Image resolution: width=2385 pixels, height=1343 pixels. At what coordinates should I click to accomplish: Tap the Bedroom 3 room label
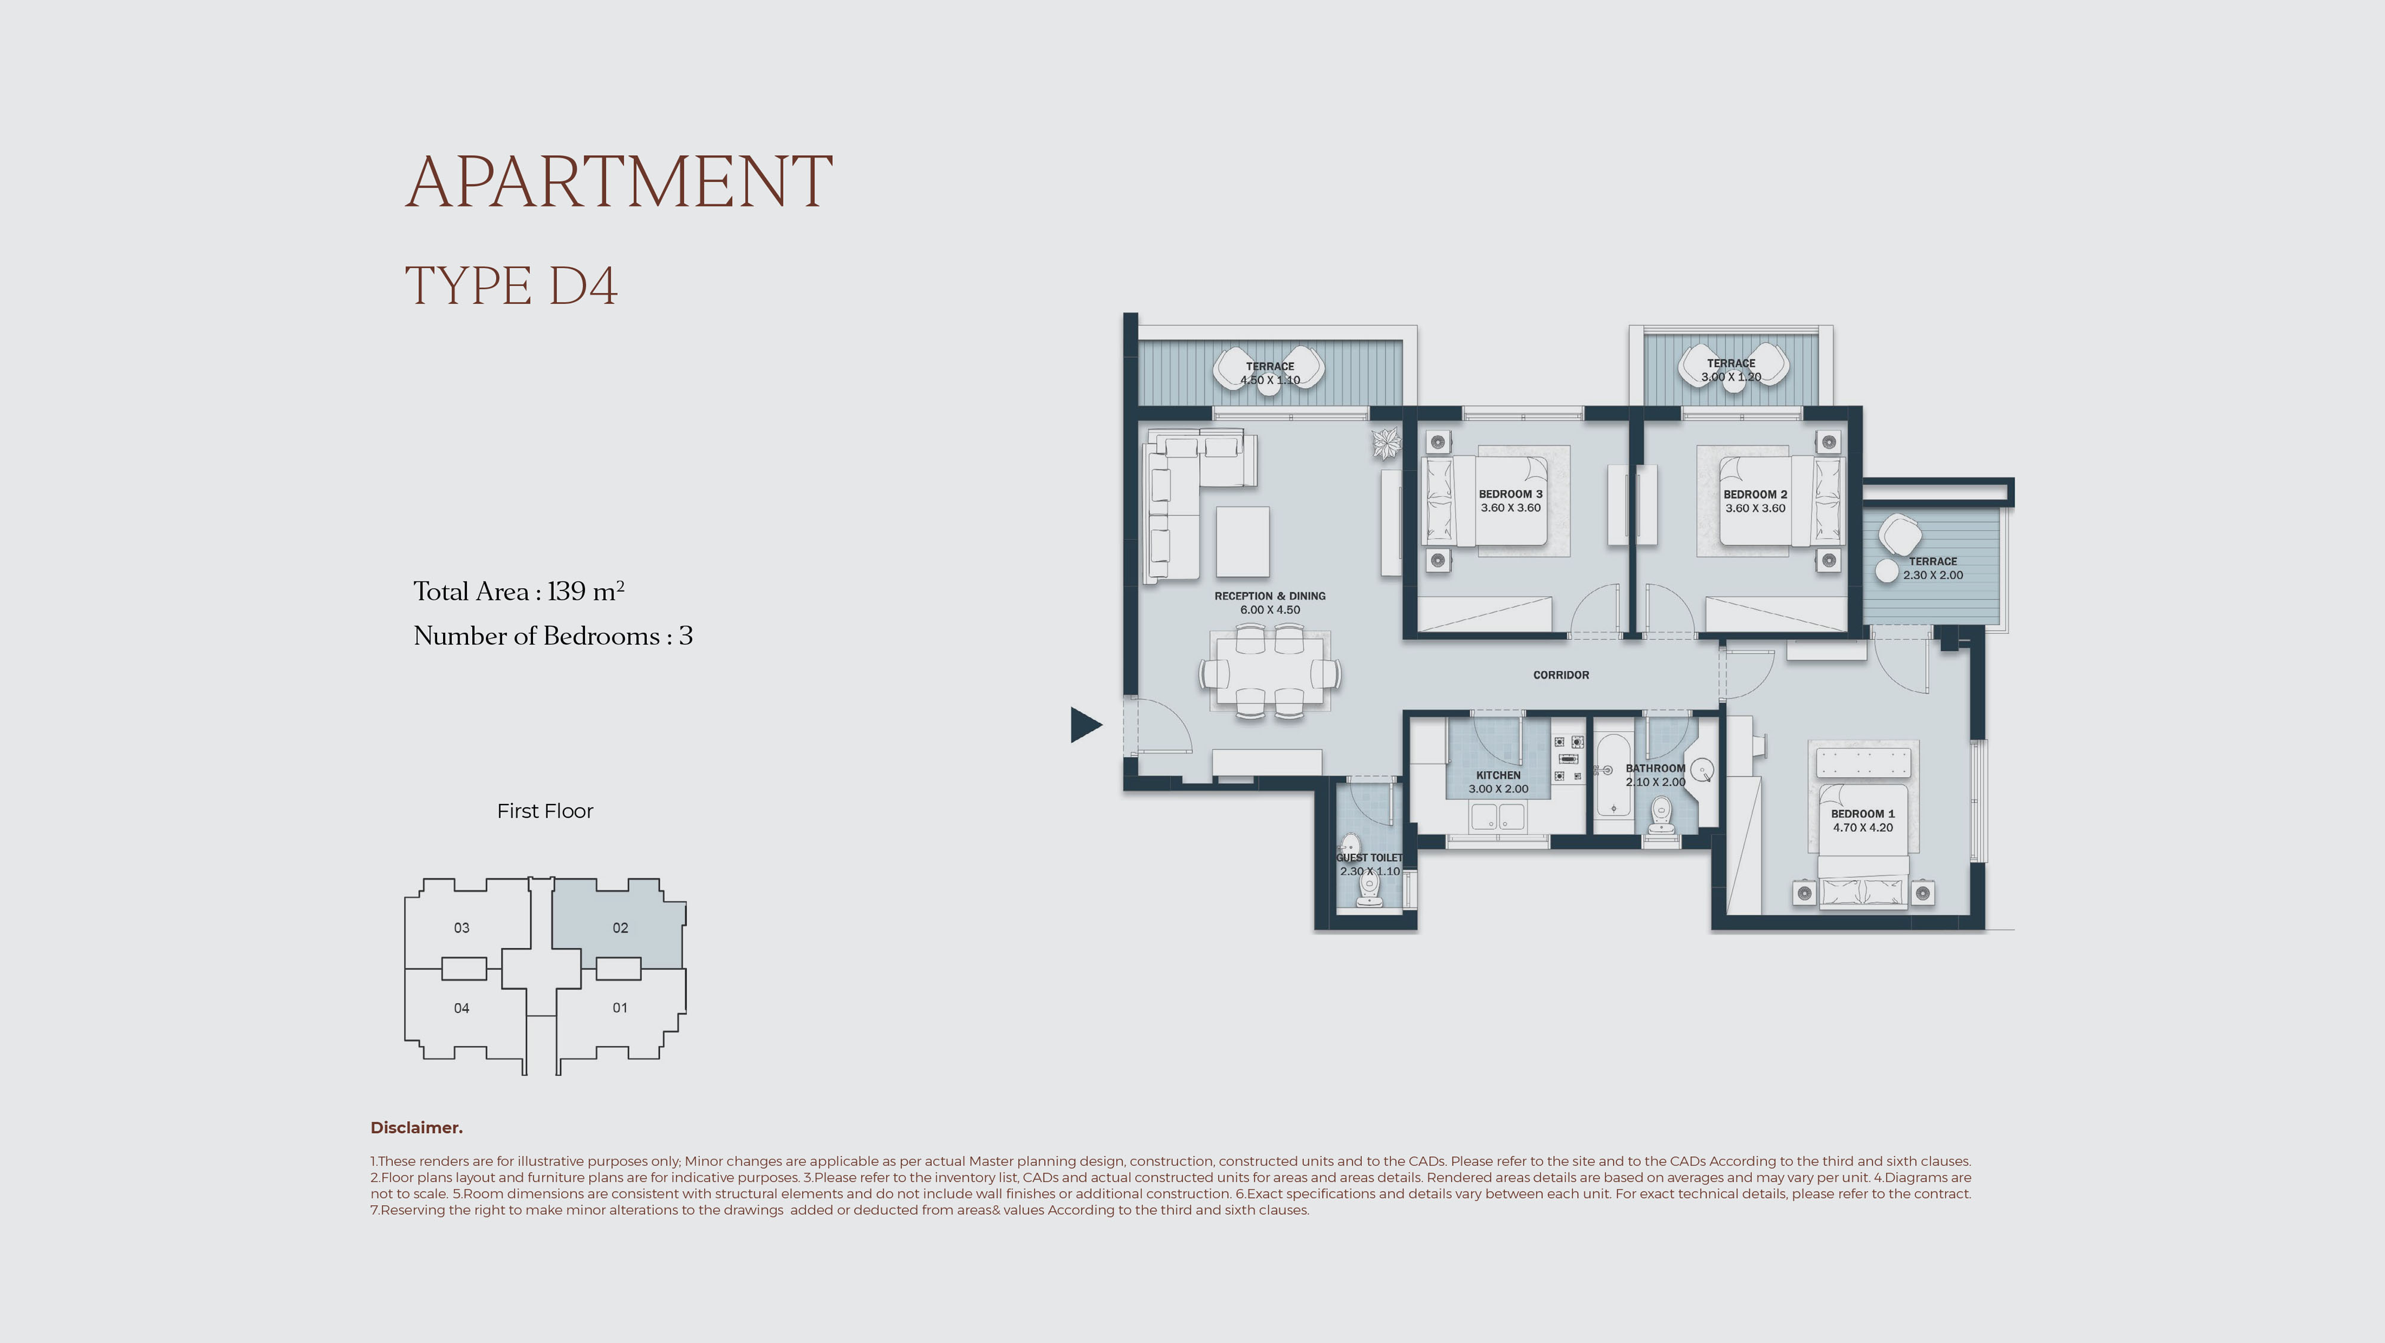(1510, 494)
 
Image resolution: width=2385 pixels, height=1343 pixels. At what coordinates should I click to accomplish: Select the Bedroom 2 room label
(1755, 494)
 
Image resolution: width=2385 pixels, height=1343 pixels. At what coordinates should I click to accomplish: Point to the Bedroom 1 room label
(1862, 813)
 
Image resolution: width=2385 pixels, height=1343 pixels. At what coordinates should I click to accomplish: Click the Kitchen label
(1498, 775)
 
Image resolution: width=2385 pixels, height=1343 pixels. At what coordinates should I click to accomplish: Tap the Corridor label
(1561, 675)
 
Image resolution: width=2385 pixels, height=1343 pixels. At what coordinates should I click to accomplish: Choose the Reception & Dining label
(1269, 596)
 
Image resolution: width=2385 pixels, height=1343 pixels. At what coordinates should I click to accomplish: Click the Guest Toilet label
(1370, 858)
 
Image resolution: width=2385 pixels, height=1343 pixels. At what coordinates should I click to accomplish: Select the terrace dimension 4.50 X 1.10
(1270, 380)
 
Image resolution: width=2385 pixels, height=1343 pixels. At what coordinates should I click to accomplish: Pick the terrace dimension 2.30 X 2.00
(1933, 575)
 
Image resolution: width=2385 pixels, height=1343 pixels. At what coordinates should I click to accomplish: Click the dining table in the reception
(1269, 671)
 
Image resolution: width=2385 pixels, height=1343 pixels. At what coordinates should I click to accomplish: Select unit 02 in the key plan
(620, 927)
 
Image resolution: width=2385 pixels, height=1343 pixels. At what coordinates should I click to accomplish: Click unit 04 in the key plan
(461, 1008)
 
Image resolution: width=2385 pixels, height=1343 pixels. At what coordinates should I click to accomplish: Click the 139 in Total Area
(566, 591)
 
